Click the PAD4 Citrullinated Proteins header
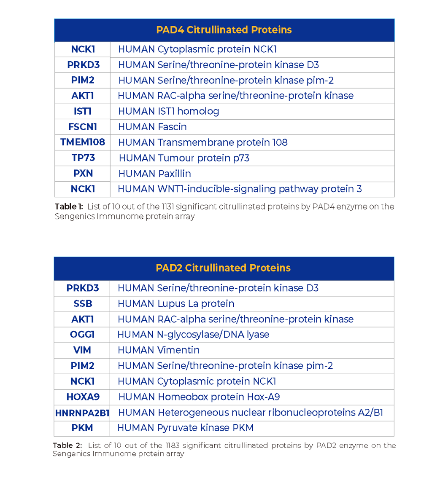[x=224, y=30]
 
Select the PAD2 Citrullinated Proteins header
[x=223, y=268]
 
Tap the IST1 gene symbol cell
[x=82, y=111]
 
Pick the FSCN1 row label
[x=82, y=127]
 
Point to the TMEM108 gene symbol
[x=82, y=142]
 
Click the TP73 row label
[x=82, y=158]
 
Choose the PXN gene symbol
[x=82, y=173]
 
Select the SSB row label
[x=82, y=303]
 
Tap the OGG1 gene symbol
[x=82, y=335]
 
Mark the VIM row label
[x=82, y=350]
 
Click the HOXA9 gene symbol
[x=82, y=397]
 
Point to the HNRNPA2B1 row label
[x=82, y=413]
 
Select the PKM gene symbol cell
[x=82, y=428]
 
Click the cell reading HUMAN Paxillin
[x=155, y=173]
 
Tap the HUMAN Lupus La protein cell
[x=176, y=303]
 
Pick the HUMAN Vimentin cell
[x=159, y=350]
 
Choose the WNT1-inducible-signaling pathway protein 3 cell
[x=240, y=189]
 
